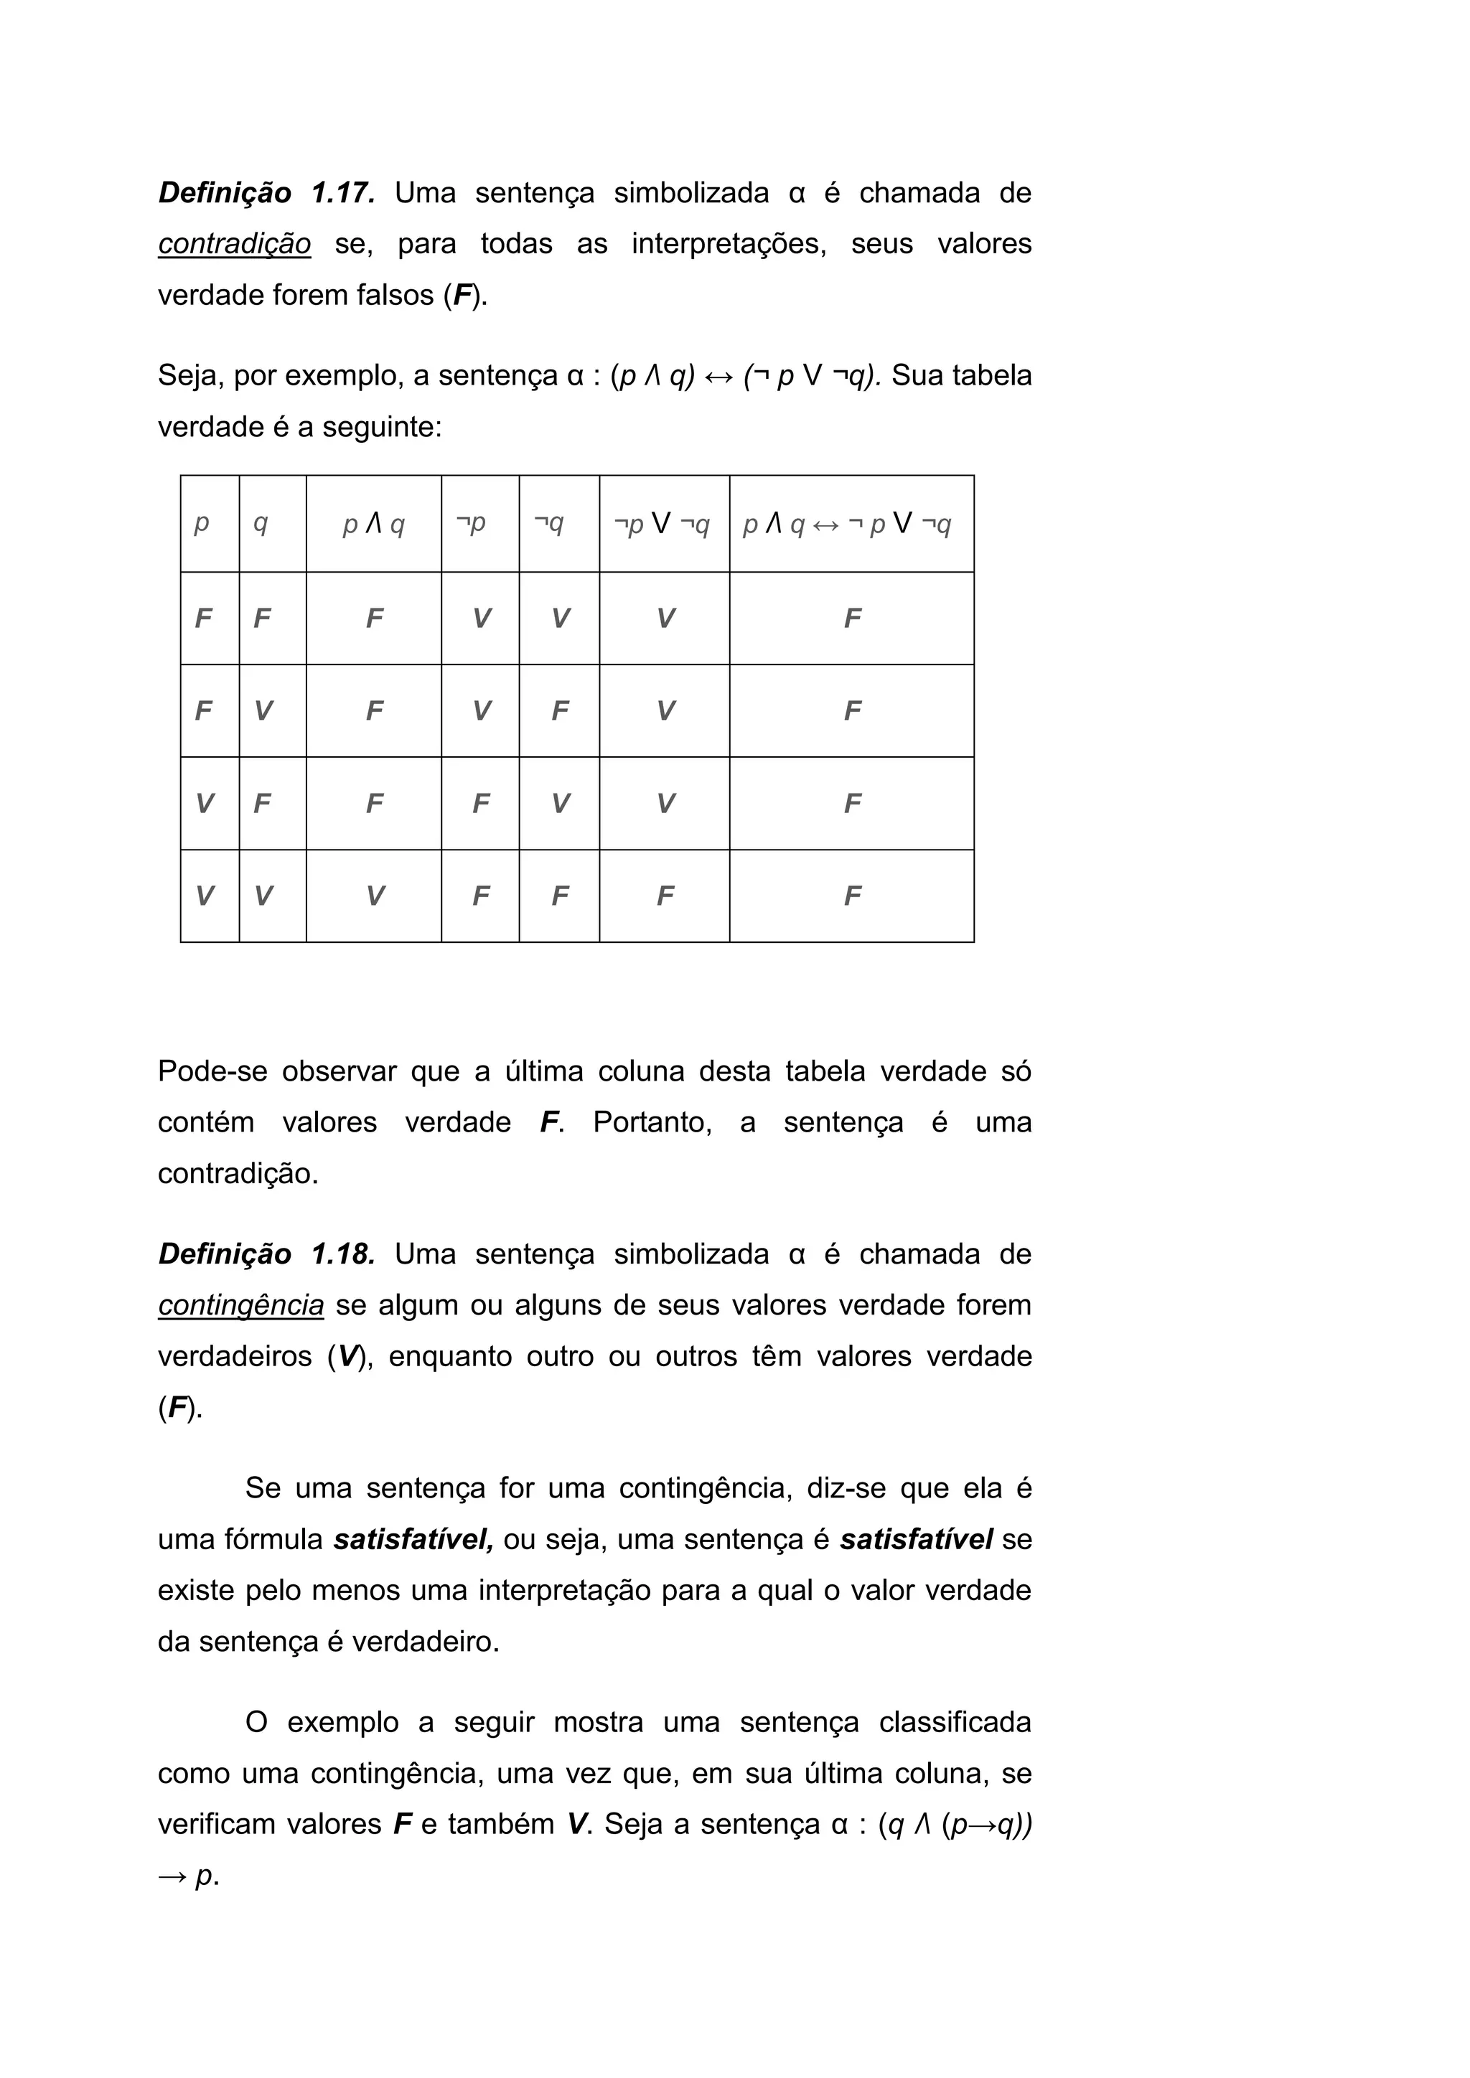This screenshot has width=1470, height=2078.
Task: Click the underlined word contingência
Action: pos(240,1305)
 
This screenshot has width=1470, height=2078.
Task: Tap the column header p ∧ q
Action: pos(373,524)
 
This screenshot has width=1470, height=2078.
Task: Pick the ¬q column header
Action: pos(548,523)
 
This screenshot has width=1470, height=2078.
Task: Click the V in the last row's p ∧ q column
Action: pos(374,896)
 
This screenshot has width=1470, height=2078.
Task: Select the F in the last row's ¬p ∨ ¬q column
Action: pos(665,896)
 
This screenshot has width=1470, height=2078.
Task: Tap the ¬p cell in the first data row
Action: pos(481,619)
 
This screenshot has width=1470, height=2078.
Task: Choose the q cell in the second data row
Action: pos(263,711)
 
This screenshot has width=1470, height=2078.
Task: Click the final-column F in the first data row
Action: pos(852,619)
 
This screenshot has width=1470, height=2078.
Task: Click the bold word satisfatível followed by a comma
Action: pos(413,1540)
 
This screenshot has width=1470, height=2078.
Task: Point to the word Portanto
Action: pos(652,1122)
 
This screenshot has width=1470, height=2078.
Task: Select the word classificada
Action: pos(954,1721)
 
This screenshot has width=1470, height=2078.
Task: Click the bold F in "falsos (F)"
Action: pos(462,296)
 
